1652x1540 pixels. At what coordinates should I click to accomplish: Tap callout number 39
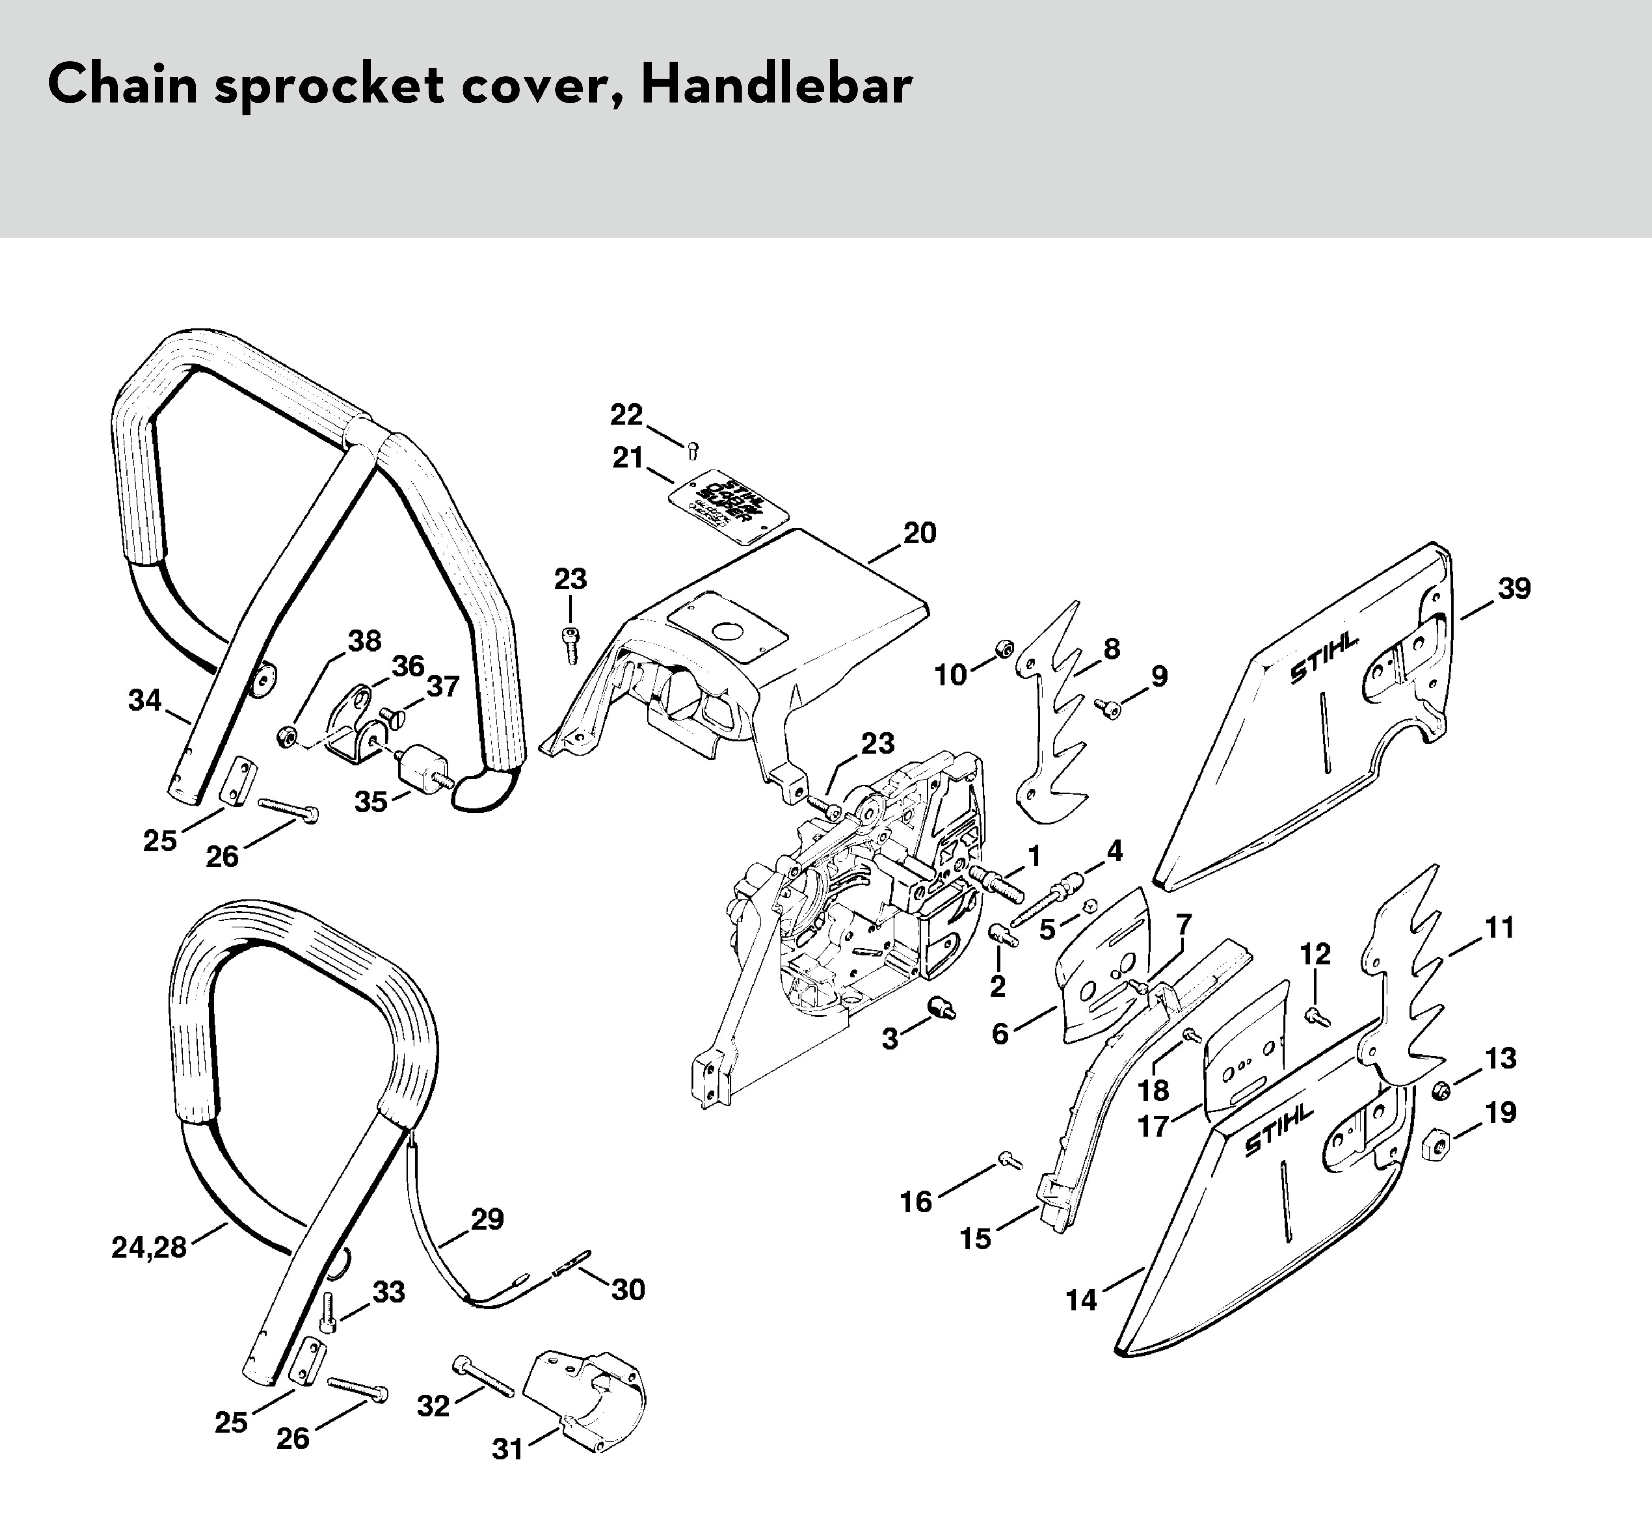[x=1514, y=588]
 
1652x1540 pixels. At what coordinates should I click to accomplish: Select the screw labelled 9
[x=1109, y=708]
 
